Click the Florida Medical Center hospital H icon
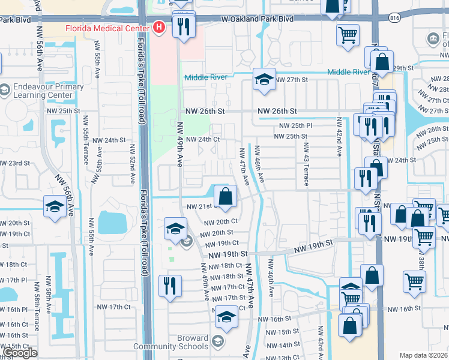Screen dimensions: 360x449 158,27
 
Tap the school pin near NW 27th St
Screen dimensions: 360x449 264,80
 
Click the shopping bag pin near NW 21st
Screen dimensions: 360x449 225,197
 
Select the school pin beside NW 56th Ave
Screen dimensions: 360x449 55,208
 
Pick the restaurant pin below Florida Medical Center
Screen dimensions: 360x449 182,26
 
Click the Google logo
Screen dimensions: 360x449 20,353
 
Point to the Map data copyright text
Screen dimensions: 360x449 424,355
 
